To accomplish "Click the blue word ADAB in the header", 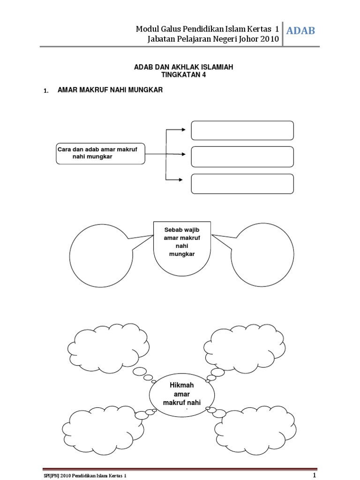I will click(x=300, y=31).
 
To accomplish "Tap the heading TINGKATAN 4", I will click(x=183, y=75).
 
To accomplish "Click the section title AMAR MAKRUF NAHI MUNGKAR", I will click(x=110, y=90).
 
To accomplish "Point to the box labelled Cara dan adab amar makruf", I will click(x=100, y=153).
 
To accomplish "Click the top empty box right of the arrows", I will click(x=242, y=130).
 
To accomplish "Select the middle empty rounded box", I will click(x=242, y=157).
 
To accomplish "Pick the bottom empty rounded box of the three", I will click(x=242, y=183).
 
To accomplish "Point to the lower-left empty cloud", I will click(x=99, y=427).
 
